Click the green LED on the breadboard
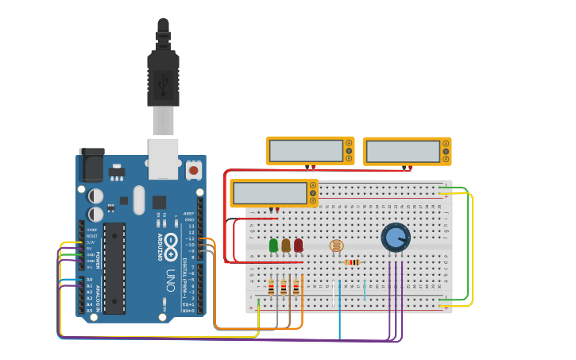pos(274,245)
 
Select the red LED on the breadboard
pos(298,245)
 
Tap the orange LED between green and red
pos(286,245)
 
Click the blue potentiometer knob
pos(395,237)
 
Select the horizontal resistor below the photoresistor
pos(350,262)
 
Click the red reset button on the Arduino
pos(193,169)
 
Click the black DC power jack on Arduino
pos(91,165)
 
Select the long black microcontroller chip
pos(114,268)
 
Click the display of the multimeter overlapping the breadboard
pos(270,192)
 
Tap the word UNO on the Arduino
pos(170,280)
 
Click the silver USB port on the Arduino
pos(163,158)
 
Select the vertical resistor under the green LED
pos(271,288)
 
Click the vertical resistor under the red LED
pos(296,288)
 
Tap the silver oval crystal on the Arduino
pos(139,199)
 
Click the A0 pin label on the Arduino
pos(90,280)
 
